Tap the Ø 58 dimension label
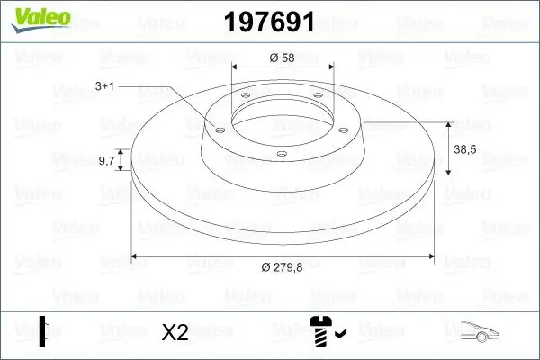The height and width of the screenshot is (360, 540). tap(283, 58)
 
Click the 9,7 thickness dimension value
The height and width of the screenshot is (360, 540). tap(105, 161)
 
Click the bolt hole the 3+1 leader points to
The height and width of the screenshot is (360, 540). tap(219, 129)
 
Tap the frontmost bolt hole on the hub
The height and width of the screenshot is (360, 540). tap(282, 155)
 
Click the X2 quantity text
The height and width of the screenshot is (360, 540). tap(175, 332)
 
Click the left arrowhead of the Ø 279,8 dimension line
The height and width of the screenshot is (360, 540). tap(137, 256)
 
